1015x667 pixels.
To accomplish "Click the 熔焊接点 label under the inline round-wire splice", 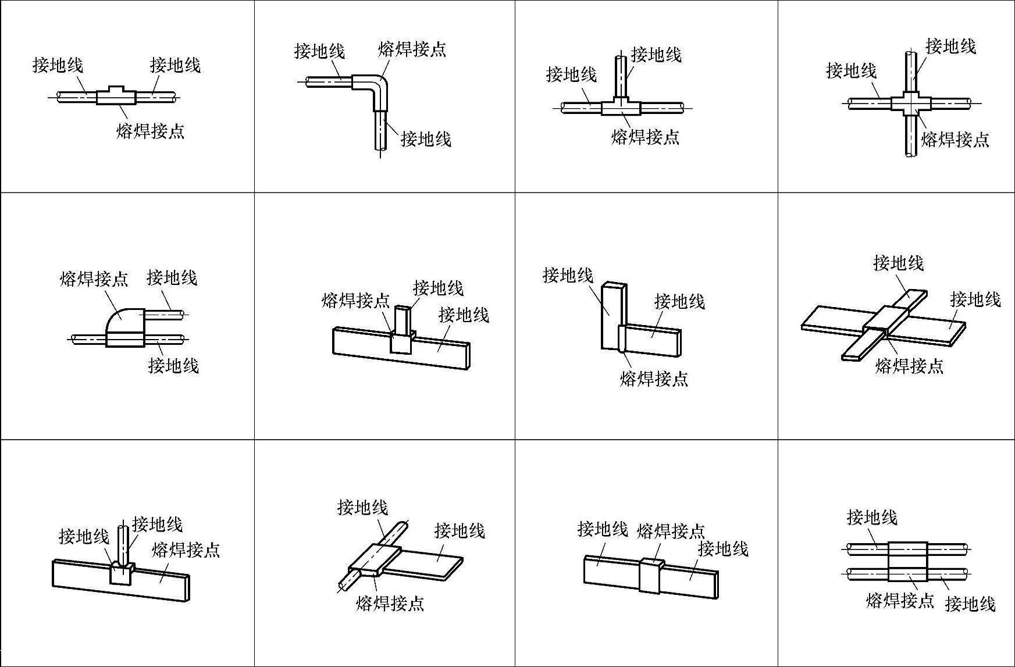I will (x=150, y=131).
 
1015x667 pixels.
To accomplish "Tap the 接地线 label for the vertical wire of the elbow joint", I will (x=426, y=139).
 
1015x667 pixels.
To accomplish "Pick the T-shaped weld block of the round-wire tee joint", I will (x=621, y=107).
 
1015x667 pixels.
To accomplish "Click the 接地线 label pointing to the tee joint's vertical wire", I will (x=656, y=55).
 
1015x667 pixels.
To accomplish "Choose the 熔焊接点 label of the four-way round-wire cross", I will (x=955, y=140).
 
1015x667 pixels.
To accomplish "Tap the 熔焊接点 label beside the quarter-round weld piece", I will (x=94, y=279).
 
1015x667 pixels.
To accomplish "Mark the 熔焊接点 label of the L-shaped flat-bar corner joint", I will (x=654, y=379).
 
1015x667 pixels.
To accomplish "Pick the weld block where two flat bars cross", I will (x=884, y=319).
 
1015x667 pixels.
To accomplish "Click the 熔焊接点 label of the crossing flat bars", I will (x=909, y=366).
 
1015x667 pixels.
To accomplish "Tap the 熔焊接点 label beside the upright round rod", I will (x=186, y=550).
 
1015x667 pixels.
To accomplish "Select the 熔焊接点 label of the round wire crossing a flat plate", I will (x=390, y=604).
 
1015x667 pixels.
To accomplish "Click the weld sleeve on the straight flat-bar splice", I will (x=651, y=576).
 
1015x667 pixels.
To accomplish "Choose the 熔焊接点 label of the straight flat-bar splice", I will (x=671, y=531).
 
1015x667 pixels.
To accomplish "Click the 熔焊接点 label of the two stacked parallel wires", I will (x=899, y=600).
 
